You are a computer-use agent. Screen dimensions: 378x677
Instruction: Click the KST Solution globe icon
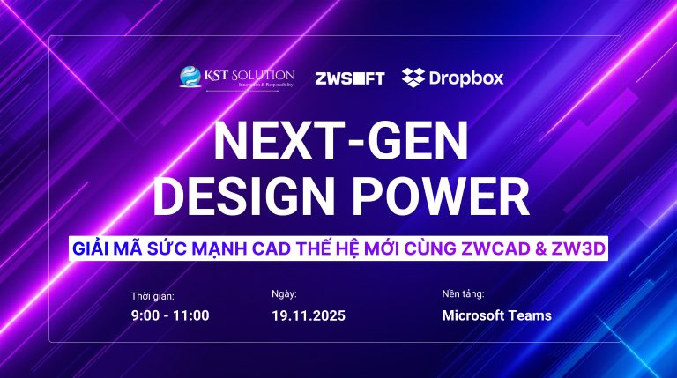coord(190,77)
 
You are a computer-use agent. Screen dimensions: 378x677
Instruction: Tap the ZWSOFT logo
coord(349,78)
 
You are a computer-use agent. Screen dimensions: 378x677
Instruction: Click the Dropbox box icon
coord(413,77)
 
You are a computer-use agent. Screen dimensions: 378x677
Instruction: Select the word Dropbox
coord(466,78)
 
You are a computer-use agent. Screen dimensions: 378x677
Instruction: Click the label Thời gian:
coord(153,296)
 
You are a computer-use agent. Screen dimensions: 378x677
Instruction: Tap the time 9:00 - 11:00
coord(171,315)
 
